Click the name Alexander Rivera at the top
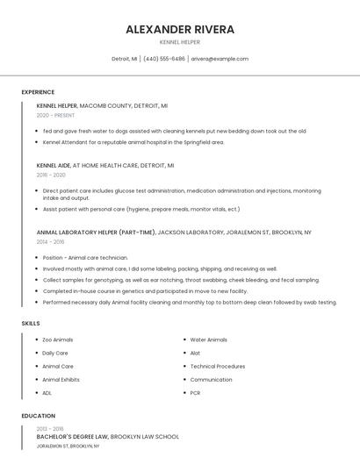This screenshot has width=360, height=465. coord(180,29)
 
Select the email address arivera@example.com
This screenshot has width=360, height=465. coord(220,59)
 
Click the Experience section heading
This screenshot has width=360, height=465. coord(38,92)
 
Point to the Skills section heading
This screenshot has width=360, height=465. coord(31,324)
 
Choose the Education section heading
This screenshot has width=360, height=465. coord(38,415)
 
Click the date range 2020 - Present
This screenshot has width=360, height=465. coord(57,115)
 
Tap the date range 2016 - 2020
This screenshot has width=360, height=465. coord(51,175)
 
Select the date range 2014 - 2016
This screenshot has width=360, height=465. coord(50,241)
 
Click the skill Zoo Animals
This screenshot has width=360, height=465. coord(58,340)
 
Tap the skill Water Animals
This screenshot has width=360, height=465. coord(209,340)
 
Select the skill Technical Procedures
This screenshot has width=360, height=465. coord(218,366)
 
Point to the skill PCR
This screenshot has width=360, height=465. coord(196,393)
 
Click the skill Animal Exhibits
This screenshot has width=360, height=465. coord(61,380)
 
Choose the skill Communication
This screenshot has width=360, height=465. coord(212,380)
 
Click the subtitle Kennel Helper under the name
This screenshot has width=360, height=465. coord(180,41)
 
